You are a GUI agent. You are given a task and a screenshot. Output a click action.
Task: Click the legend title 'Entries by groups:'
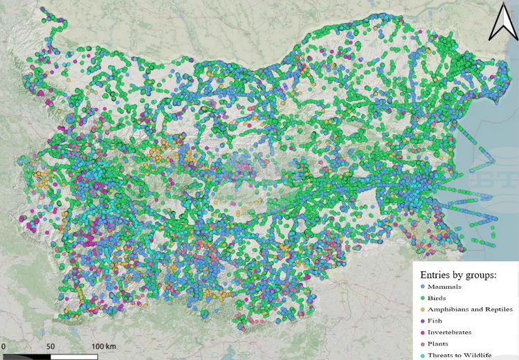(x=459, y=275)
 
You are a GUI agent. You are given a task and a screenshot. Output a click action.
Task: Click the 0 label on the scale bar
(x=3, y=345)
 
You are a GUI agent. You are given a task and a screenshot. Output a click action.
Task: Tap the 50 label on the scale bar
(x=50, y=345)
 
